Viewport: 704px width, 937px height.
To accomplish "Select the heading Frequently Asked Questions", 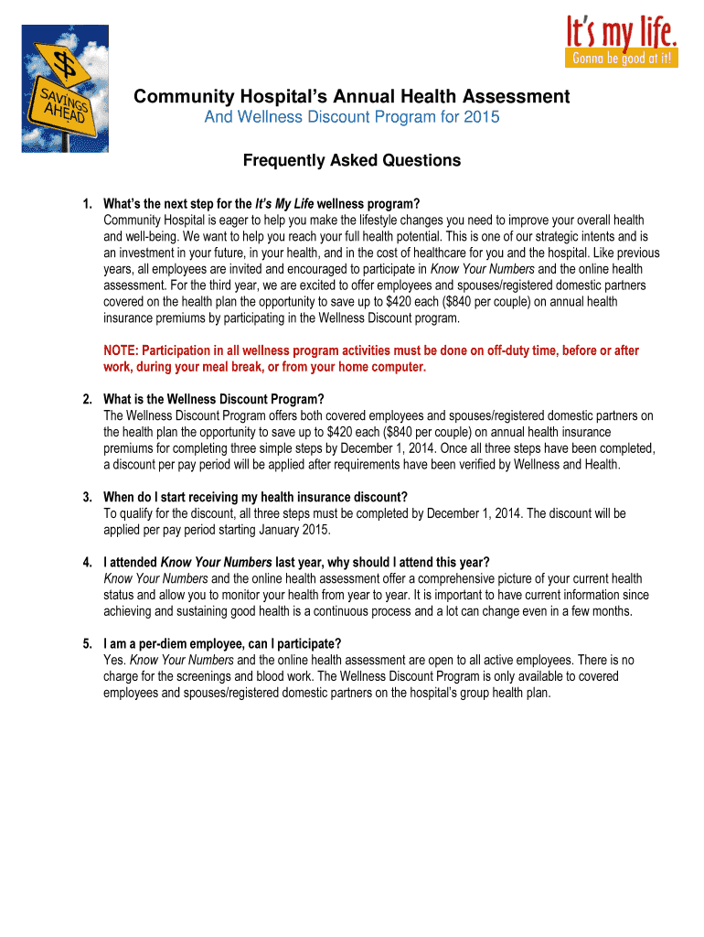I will pyautogui.click(x=351, y=161).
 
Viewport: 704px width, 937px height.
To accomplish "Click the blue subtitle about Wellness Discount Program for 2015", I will pyautogui.click(x=351, y=118).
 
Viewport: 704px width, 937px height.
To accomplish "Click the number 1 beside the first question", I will pyautogui.click(x=85, y=203).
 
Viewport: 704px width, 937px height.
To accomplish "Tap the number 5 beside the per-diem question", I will pyautogui.click(x=85, y=643).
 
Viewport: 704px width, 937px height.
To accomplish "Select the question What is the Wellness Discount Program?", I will pyautogui.click(x=214, y=399).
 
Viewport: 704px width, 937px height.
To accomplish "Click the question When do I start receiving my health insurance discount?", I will pyautogui.click(x=255, y=497).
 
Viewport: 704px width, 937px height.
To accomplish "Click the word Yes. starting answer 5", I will pyautogui.click(x=115, y=660).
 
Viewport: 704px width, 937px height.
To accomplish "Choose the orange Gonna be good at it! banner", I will pyautogui.click(x=624, y=59).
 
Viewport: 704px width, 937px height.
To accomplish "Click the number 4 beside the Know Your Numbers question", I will pyautogui.click(x=85, y=562).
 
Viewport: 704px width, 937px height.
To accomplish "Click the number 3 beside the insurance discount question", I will pyautogui.click(x=85, y=497).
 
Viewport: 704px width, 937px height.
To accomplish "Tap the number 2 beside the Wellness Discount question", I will pyautogui.click(x=85, y=399).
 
